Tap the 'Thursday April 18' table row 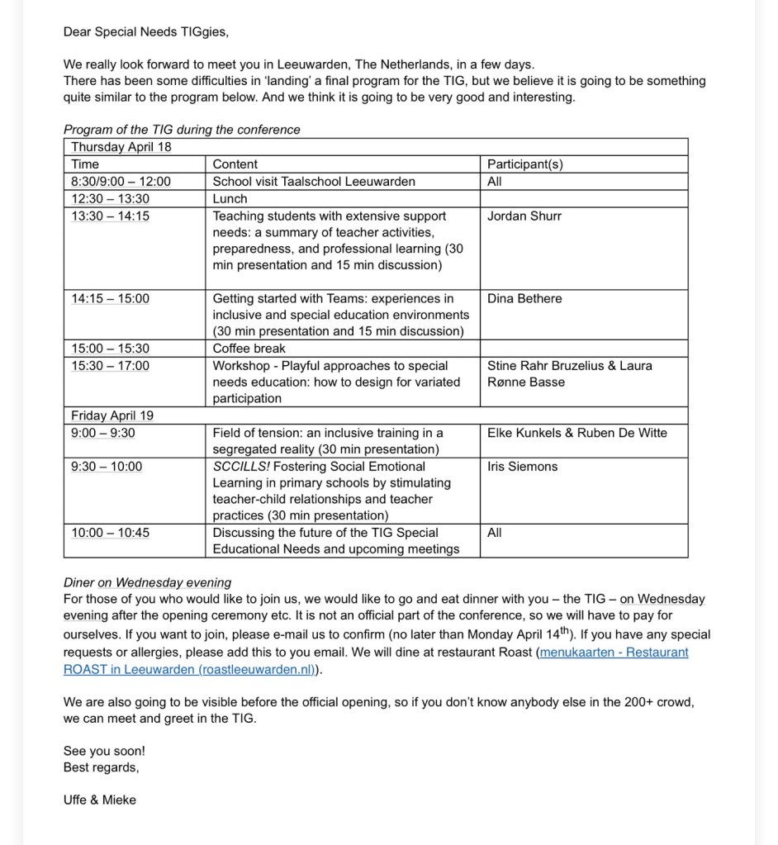coord(121,147)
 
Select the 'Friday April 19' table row coord(112,415)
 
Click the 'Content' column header coord(235,164)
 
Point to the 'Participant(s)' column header coord(525,164)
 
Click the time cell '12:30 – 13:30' coord(111,199)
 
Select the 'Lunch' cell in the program coord(230,199)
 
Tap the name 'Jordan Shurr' coord(524,216)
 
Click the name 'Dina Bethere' coord(524,299)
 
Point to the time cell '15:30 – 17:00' coord(111,366)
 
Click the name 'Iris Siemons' coord(522,467)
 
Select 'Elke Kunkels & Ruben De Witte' coord(577,433)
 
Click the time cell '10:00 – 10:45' coord(111,533)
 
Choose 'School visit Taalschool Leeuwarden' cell coord(314,182)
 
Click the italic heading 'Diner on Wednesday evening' coord(147,582)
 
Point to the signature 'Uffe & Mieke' coord(100,800)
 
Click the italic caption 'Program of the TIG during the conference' coord(182,130)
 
